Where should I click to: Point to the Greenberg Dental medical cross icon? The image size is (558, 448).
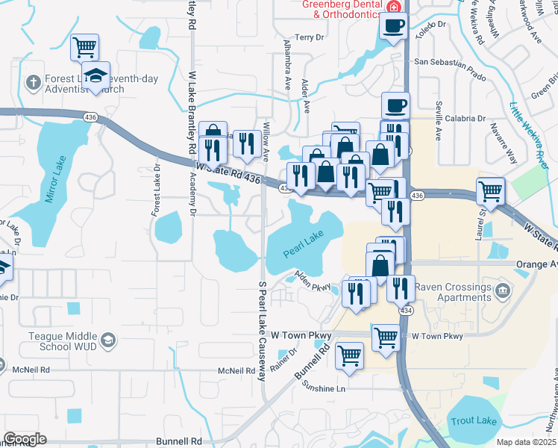[394, 6]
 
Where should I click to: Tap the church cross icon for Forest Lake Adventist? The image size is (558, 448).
[34, 81]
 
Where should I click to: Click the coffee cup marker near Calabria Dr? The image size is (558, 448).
[395, 105]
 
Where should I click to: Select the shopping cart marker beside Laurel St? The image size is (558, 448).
[491, 191]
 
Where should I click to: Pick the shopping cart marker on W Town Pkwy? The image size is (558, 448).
[386, 337]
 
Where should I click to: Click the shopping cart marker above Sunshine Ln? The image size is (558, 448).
[349, 355]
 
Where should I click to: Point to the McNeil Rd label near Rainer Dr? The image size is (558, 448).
[237, 370]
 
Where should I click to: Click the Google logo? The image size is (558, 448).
[25, 439]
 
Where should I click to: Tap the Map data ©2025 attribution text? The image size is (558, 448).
[526, 442]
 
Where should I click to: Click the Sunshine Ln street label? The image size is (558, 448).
[325, 388]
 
